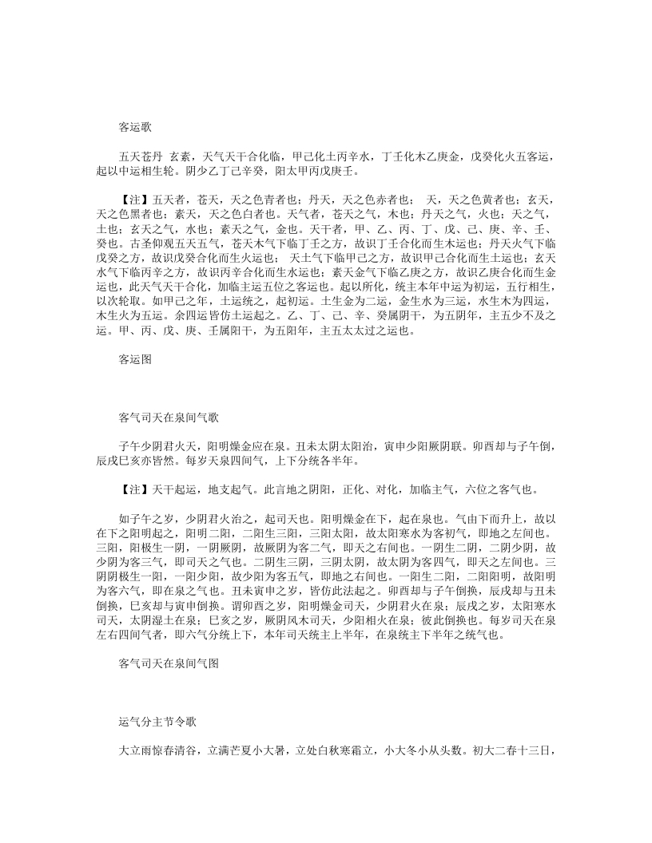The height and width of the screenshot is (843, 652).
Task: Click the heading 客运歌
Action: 135,126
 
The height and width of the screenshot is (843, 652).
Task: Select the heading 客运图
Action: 135,359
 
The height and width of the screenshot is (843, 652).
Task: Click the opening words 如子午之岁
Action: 145,516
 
